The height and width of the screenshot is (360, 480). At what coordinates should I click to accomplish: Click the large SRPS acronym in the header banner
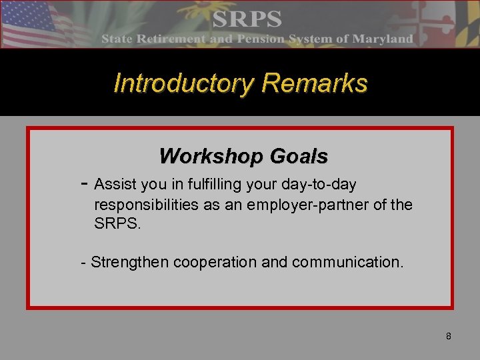coord(247,18)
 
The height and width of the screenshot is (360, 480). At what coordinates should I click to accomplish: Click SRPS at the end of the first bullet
coord(118,225)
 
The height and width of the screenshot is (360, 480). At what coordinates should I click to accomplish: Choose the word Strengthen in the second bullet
coord(130,262)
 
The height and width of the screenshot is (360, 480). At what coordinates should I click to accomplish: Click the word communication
coord(346,262)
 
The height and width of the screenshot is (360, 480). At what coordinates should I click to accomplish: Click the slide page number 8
coord(448,336)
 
